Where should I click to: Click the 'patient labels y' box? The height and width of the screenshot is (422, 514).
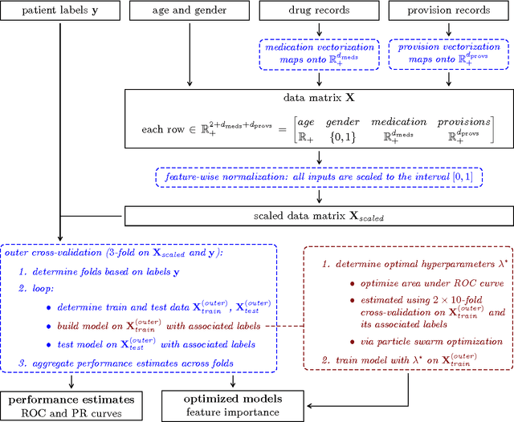(59, 12)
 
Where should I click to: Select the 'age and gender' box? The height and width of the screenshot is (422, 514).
(187, 12)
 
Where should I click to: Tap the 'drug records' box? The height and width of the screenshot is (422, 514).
(320, 12)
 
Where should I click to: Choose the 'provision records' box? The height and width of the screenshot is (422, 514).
(448, 12)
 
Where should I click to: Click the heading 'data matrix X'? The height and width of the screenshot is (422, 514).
(320, 96)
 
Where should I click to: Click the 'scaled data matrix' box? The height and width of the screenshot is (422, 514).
(320, 215)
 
